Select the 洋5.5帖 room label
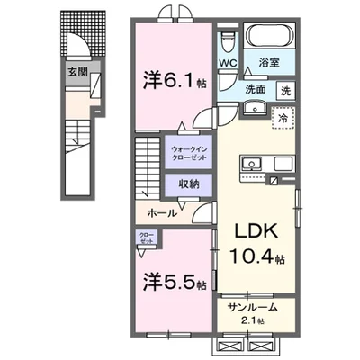[x=174, y=280]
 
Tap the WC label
[x=228, y=64]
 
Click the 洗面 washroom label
[x=256, y=90]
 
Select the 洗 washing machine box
[x=284, y=90]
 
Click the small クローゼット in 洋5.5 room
[x=146, y=238]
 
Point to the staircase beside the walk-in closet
[x=148, y=167]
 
